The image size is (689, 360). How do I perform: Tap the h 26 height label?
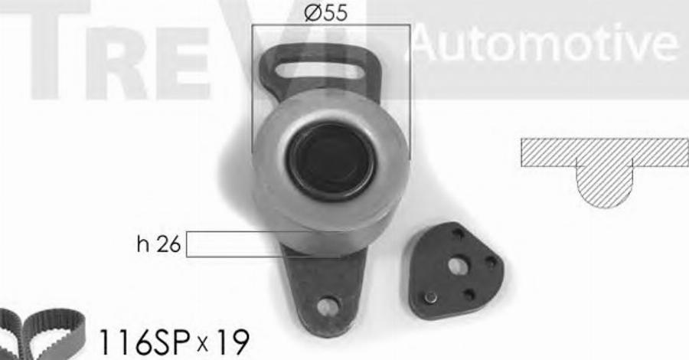click(158, 244)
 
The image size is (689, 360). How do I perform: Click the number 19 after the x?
click(233, 342)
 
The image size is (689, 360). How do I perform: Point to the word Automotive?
click(545, 43)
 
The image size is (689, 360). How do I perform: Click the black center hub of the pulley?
click(331, 162)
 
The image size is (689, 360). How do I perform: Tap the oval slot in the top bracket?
click(319, 70)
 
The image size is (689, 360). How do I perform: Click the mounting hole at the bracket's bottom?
click(328, 306)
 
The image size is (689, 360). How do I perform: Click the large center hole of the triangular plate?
click(457, 266)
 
